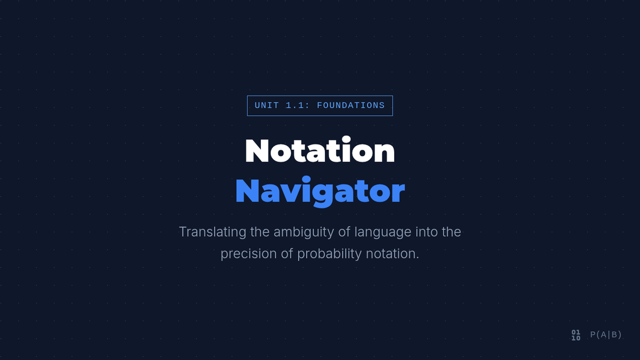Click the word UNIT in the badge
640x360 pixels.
tap(267, 106)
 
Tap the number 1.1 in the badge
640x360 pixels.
tap(295, 106)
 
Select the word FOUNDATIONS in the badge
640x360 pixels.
tap(351, 106)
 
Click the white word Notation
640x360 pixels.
tap(320, 149)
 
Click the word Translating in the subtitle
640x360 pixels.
tap(213, 231)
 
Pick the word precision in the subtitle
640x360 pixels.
tap(249, 254)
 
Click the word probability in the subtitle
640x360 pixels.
tap(330, 254)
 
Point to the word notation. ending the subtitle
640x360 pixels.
tap(393, 254)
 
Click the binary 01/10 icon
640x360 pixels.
tap(576, 335)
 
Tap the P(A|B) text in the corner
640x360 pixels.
tap(606, 334)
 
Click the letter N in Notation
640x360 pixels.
tap(257, 151)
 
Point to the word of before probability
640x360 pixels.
tap(287, 254)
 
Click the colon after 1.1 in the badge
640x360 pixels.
tap(307, 106)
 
